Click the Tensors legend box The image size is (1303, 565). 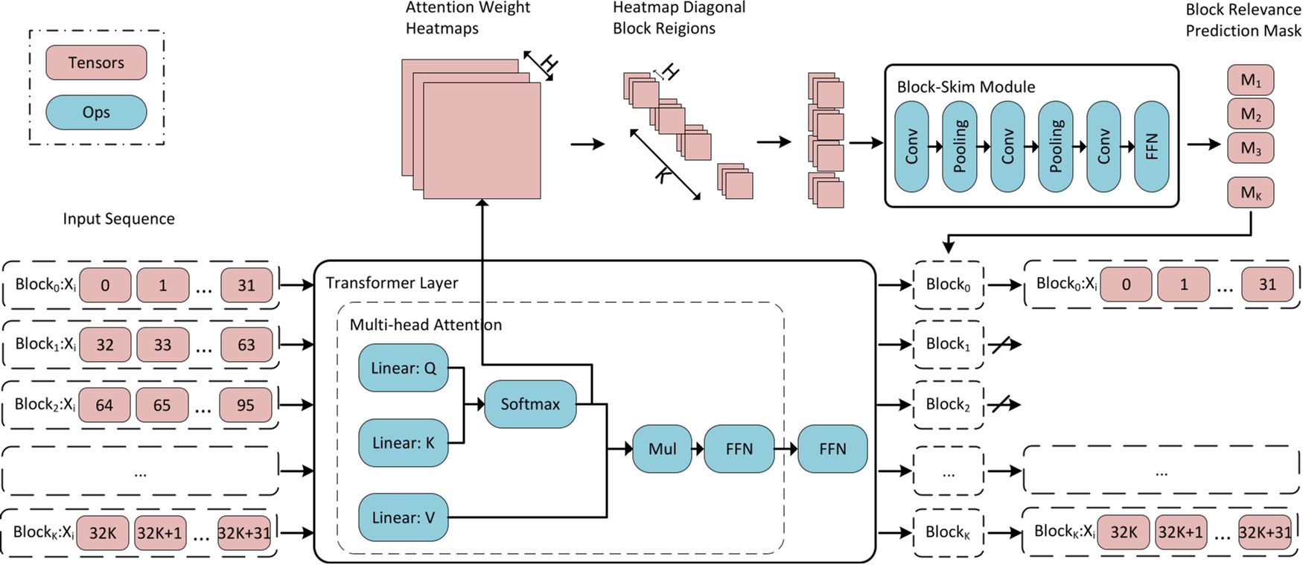(x=96, y=63)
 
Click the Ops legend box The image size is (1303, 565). (x=96, y=112)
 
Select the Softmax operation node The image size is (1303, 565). (x=530, y=404)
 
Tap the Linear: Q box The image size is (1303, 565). (x=403, y=368)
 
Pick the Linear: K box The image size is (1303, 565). (x=403, y=443)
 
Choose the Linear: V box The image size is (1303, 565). (x=403, y=517)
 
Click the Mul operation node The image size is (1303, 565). (x=662, y=449)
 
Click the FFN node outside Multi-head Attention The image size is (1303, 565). (x=832, y=449)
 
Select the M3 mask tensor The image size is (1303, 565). (x=1250, y=148)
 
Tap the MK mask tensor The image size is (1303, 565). (x=1250, y=194)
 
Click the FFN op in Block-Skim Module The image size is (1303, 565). (x=1151, y=147)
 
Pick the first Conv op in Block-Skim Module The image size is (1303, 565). (x=911, y=147)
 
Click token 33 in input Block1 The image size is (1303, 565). (x=162, y=345)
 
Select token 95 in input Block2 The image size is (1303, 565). (x=245, y=406)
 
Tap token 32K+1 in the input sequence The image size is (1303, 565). (x=159, y=534)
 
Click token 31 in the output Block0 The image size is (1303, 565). (x=1267, y=284)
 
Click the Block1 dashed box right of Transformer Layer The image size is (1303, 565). (x=948, y=345)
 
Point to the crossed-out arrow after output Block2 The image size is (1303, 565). (x=1005, y=404)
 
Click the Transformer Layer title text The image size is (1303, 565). (x=392, y=283)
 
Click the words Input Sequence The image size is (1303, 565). (x=118, y=219)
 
